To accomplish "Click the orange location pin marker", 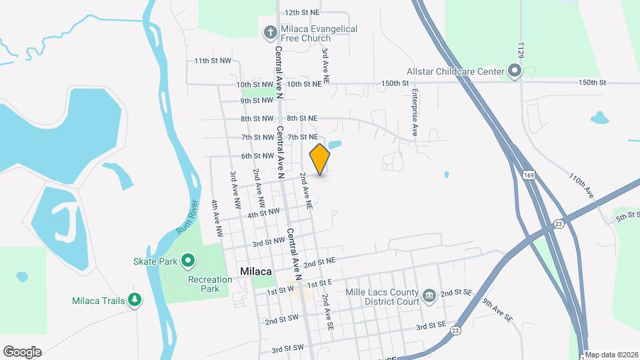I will [320, 159].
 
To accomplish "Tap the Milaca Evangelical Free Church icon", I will [270, 31].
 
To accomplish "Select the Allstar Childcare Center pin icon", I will [514, 71].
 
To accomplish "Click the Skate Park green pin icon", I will [189, 259].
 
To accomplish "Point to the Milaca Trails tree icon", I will [135, 300].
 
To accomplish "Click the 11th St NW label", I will [213, 61].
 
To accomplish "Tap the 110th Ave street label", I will [581, 186].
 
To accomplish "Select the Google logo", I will [22, 352].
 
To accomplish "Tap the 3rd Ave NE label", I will [325, 65].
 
